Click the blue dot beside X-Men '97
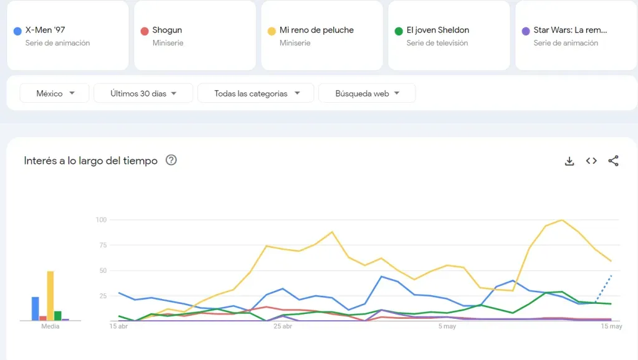click(17, 31)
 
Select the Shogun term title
click(167, 30)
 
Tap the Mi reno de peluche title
click(317, 30)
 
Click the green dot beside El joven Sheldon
click(399, 31)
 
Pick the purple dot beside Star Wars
click(526, 31)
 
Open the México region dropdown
click(55, 93)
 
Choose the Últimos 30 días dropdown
click(143, 93)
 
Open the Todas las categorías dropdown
click(257, 93)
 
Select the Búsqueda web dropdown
click(366, 93)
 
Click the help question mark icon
click(171, 160)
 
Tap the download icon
click(569, 161)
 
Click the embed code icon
click(591, 161)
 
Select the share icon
click(614, 161)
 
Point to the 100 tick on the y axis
click(102, 220)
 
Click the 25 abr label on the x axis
click(283, 326)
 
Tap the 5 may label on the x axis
click(447, 326)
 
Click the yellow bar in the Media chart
click(50, 296)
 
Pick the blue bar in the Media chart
click(36, 308)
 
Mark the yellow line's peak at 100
click(562, 220)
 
